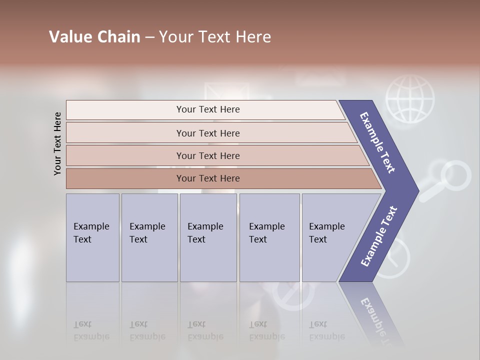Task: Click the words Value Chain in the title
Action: [94, 37]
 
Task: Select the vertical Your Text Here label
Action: [57, 143]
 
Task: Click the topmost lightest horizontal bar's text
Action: [208, 109]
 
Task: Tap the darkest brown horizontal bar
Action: [208, 178]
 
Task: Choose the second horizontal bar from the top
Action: [208, 133]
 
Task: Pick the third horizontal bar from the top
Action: [208, 155]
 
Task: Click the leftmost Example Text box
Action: [92, 237]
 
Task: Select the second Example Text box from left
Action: [149, 237]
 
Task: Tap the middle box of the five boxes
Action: [208, 237]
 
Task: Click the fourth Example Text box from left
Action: [269, 237]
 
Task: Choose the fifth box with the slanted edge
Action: [330, 237]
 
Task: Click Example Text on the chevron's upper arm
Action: [378, 142]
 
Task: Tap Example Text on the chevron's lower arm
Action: [379, 236]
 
